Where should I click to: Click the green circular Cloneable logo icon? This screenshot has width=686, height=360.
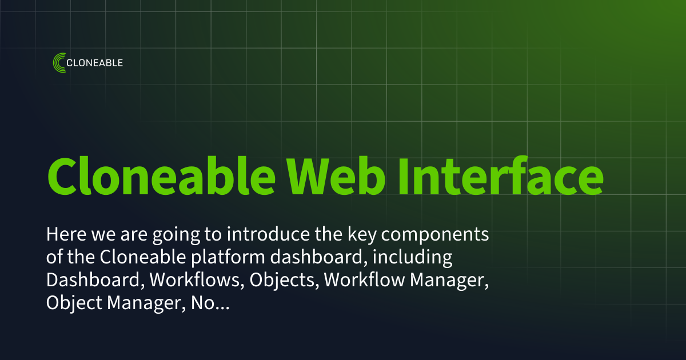pos(59,63)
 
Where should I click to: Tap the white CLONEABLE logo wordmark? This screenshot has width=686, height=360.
pos(95,63)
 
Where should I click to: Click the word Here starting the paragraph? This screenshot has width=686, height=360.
pos(65,235)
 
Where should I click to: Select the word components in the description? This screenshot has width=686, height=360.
pos(443,235)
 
